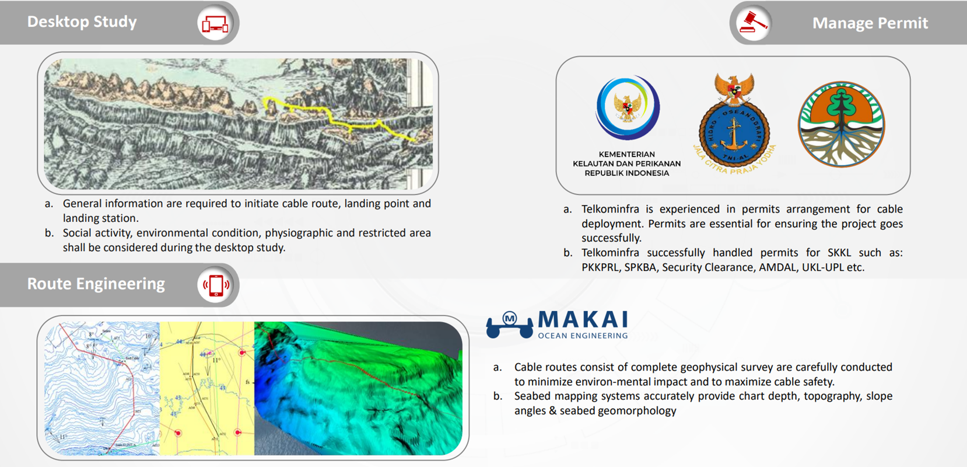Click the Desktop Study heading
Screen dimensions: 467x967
click(x=82, y=22)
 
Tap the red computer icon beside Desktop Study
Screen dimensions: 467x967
click(x=215, y=23)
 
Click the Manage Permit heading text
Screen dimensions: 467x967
click(x=870, y=23)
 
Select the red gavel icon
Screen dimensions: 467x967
click(x=752, y=23)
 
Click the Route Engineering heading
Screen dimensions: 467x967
click(x=96, y=284)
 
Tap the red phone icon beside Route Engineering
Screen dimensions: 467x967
click(x=215, y=285)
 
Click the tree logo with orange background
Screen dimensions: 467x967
click(x=841, y=124)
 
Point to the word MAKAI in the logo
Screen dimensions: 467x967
click(x=583, y=320)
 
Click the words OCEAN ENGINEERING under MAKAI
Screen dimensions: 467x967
click(x=583, y=336)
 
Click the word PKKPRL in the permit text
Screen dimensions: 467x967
click(x=600, y=267)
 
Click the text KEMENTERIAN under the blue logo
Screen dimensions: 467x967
click(x=626, y=154)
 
